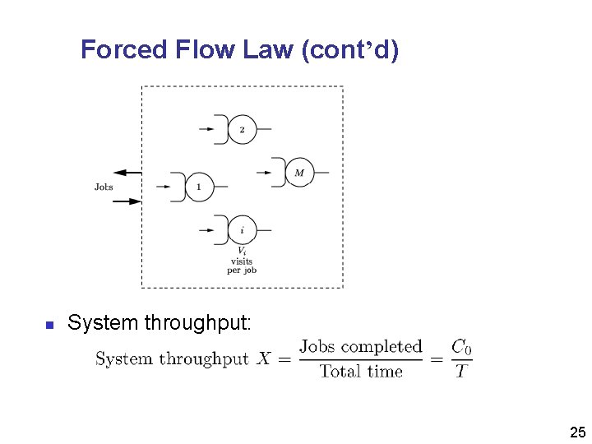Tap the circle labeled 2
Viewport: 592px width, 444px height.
click(242, 130)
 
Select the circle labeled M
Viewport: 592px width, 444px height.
click(299, 173)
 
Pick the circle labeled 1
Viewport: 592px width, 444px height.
click(199, 187)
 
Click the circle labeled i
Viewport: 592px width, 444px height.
click(242, 230)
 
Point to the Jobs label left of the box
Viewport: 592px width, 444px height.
click(104, 187)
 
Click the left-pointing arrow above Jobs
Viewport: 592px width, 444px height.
click(127, 173)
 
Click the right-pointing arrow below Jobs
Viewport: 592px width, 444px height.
click(127, 201)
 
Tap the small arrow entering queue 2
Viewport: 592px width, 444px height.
click(206, 130)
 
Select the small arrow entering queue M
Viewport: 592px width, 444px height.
click(264, 173)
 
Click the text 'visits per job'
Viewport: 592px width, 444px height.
click(242, 266)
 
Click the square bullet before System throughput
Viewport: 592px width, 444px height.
click(49, 325)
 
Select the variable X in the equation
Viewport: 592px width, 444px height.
click(264, 359)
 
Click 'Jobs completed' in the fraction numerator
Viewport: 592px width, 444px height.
click(361, 347)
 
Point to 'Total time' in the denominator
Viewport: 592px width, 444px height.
click(361, 372)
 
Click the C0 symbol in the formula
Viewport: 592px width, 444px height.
click(461, 347)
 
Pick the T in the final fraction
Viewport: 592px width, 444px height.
click(460, 372)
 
